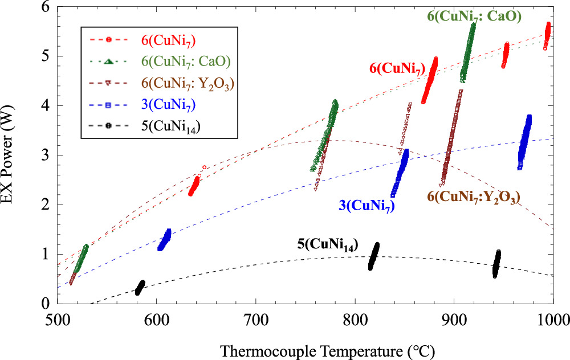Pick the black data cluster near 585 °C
[x=140, y=287]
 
